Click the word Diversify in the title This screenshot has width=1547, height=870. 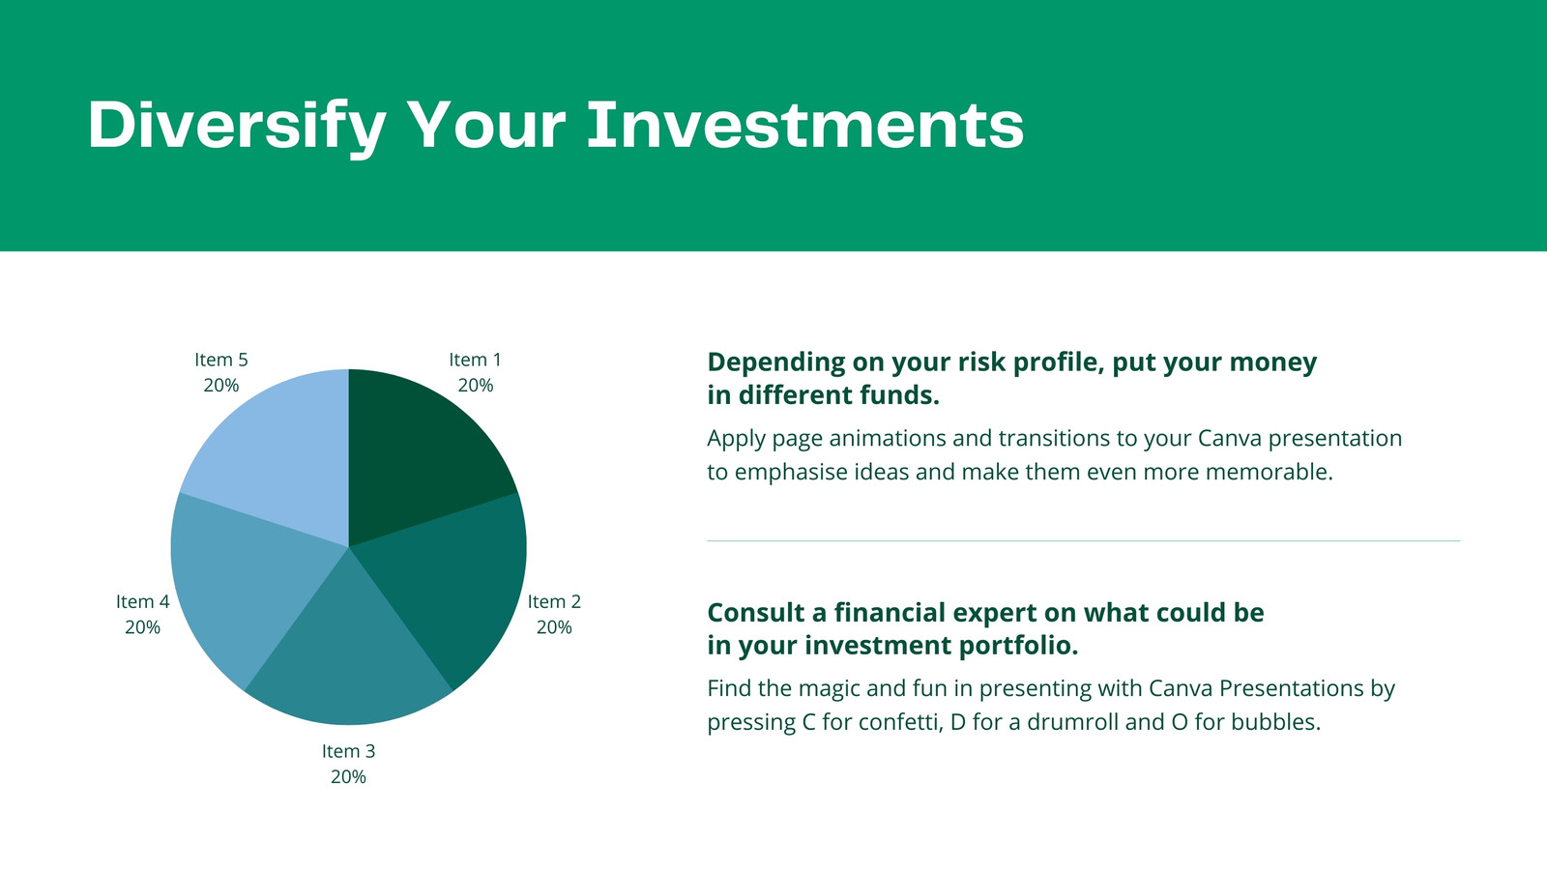(236, 127)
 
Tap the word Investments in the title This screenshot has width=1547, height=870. (804, 125)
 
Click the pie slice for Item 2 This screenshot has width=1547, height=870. (455, 587)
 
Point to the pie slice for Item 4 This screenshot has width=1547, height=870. (242, 587)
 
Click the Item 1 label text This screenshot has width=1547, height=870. (475, 360)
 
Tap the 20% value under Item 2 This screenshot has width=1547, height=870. (554, 627)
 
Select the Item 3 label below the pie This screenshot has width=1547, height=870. (348, 751)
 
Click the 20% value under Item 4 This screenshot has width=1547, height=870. (142, 627)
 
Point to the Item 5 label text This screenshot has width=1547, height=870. (221, 360)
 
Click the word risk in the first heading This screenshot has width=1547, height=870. (980, 362)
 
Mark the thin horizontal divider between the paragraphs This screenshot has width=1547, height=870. (1084, 540)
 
